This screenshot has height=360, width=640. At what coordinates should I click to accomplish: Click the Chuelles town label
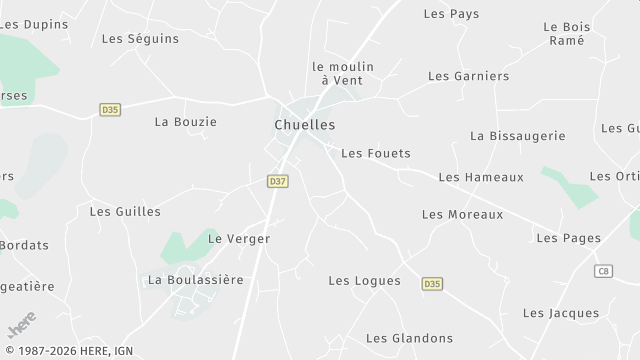[304, 125]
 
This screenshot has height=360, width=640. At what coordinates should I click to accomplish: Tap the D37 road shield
[278, 181]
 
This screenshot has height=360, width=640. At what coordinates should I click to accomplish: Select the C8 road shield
[603, 271]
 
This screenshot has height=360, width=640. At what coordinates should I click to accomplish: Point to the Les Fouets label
[375, 153]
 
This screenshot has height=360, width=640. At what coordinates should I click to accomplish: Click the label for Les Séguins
[140, 39]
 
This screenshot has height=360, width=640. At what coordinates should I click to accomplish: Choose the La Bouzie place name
[185, 122]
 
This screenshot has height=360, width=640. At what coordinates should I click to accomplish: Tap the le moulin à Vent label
[343, 73]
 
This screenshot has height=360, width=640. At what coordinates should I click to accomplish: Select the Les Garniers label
[468, 76]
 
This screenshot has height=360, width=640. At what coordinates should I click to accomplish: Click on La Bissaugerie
[517, 136]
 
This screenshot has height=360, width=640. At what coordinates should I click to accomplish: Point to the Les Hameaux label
[480, 177]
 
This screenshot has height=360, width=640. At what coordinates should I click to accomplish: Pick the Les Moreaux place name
[462, 214]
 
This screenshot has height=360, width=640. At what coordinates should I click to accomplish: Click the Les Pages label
[568, 238]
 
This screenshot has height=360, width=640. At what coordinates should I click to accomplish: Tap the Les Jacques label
[560, 313]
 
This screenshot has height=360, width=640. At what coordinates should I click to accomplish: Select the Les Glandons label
[409, 338]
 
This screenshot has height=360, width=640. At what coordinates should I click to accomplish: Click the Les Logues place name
[364, 281]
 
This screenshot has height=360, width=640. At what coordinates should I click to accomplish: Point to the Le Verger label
[238, 239]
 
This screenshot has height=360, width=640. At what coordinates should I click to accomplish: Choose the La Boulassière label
[195, 280]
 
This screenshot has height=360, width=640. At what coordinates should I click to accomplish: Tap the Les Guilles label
[125, 211]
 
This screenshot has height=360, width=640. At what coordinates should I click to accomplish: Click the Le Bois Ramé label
[566, 34]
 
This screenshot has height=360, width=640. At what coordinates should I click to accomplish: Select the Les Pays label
[451, 14]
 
